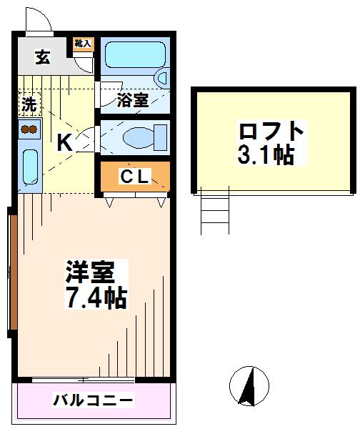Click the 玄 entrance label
click(x=43, y=57)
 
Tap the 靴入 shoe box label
click(x=83, y=43)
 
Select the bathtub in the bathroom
click(x=135, y=54)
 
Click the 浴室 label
click(x=133, y=100)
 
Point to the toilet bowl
click(x=145, y=137)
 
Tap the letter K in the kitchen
click(x=64, y=143)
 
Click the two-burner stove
click(x=29, y=129)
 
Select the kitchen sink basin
click(x=30, y=167)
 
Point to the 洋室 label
click(x=90, y=272)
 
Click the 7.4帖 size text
click(x=96, y=297)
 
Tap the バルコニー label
click(x=93, y=401)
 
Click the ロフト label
click(x=271, y=132)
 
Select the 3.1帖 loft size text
click(x=266, y=155)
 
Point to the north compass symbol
click(x=249, y=386)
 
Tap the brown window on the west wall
click(x=13, y=272)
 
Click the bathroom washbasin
click(x=161, y=78)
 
